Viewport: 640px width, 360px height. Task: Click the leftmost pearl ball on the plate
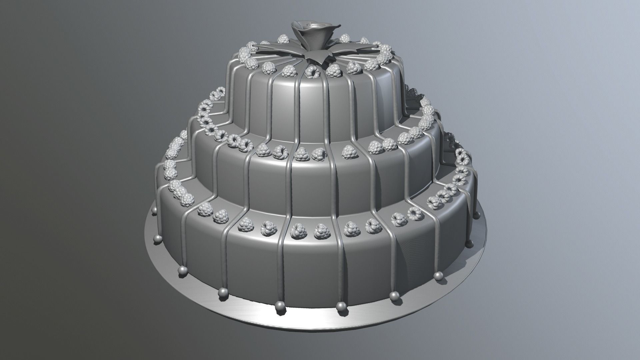[x=154, y=210]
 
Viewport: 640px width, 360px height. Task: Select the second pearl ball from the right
[x=440, y=265]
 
